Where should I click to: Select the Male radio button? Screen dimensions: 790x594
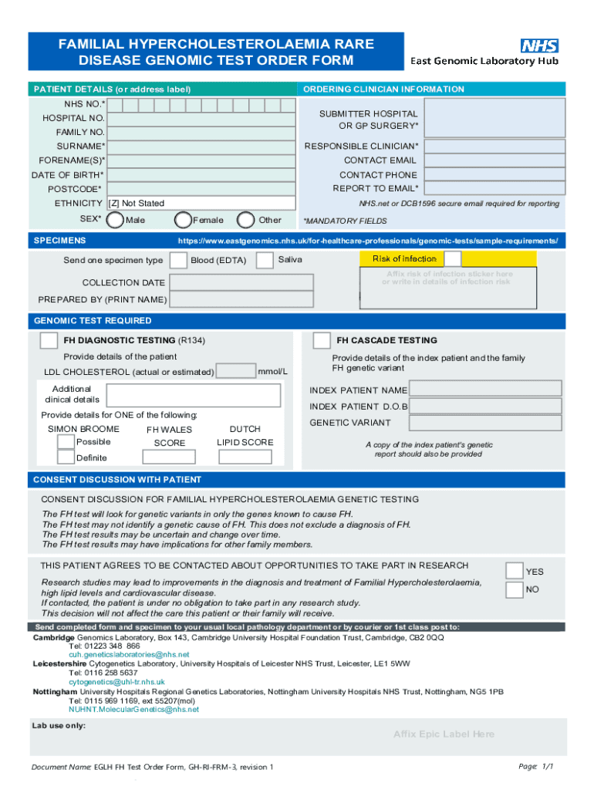click(x=115, y=220)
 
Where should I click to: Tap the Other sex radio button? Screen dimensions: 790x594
click(x=247, y=220)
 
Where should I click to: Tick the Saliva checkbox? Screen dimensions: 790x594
click(x=265, y=260)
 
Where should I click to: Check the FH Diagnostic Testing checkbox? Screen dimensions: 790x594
click(x=49, y=340)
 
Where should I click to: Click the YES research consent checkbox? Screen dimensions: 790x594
click(x=514, y=571)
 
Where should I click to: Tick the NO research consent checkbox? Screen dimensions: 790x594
click(x=514, y=590)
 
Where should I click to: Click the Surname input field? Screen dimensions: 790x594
click(x=201, y=146)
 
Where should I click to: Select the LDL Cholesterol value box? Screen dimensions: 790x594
click(x=236, y=371)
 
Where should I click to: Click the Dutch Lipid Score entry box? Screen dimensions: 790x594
click(x=245, y=457)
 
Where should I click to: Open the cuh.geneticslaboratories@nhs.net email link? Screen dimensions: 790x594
click(x=129, y=654)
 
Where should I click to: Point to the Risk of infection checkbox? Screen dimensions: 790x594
click(x=453, y=258)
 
